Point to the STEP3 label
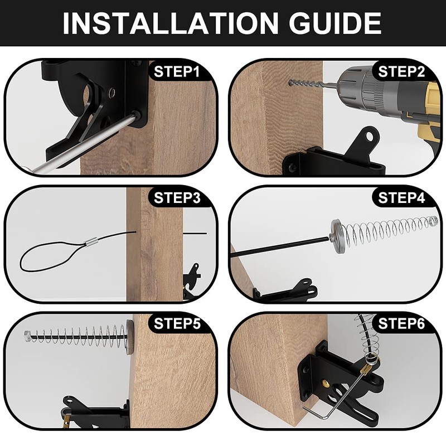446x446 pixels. (177, 198)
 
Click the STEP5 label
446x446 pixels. (177, 324)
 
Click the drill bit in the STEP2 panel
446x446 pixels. (312, 84)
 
